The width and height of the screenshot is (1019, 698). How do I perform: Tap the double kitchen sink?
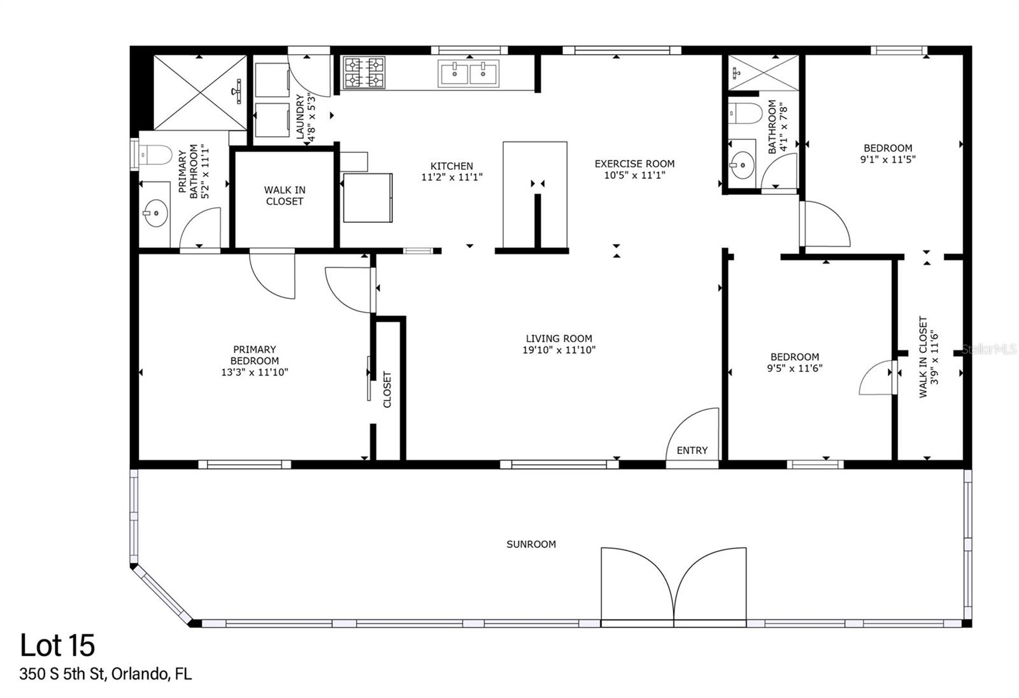(469, 73)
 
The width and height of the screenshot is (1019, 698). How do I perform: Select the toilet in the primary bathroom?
(155, 153)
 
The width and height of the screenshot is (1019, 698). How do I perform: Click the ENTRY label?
(692, 450)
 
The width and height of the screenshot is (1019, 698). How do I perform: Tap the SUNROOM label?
(531, 544)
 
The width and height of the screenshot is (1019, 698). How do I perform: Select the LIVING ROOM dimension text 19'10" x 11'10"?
(559, 350)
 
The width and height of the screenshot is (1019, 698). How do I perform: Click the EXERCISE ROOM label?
(634, 164)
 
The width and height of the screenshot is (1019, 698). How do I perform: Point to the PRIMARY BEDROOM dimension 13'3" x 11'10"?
(255, 372)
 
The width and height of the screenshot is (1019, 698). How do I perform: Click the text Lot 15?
(57, 645)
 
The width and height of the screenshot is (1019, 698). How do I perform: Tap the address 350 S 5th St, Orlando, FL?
(106, 674)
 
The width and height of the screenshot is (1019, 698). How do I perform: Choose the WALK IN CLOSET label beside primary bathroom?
(285, 196)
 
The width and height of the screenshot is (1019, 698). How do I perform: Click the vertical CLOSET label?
(387, 390)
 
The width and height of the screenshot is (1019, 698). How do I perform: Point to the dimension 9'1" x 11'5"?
(888, 159)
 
